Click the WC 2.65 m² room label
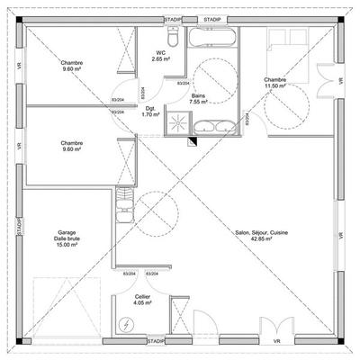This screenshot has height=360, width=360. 162,56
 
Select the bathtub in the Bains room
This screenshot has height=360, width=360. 213,37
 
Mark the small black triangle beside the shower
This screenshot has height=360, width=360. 192,141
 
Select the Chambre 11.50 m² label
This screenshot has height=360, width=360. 274,83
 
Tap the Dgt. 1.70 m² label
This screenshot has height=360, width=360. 151,112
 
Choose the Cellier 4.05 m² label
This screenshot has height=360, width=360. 142,298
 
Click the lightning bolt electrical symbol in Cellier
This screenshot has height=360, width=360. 125,325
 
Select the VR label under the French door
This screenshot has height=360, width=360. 276,343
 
